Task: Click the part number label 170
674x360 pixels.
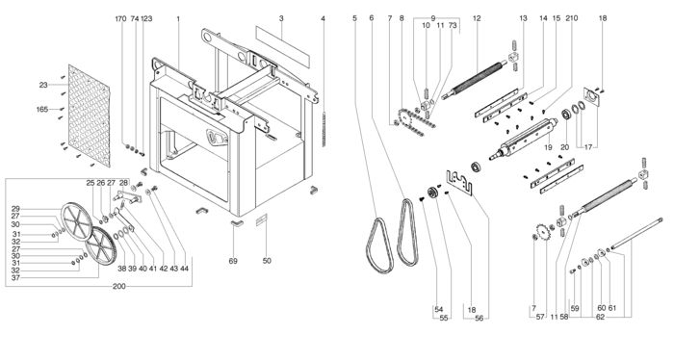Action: [120, 19]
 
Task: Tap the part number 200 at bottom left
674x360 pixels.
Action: [118, 287]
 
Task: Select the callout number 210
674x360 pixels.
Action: [572, 18]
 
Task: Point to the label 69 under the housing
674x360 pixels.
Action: [233, 261]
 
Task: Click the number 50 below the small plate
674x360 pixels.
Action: [267, 260]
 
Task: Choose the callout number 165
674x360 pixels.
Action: [42, 109]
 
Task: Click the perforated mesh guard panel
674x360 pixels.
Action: [89, 116]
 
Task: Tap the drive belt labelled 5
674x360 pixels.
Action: [379, 246]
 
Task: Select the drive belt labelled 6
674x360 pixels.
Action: [407, 232]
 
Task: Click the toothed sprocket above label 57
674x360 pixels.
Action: [544, 232]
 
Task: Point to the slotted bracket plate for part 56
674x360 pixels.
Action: [458, 182]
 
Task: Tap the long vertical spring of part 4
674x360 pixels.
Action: [324, 129]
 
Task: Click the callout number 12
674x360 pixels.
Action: [477, 18]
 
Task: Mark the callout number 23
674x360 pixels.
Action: [43, 85]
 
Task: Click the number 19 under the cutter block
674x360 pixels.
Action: [548, 147]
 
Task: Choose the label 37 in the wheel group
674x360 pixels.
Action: [15, 277]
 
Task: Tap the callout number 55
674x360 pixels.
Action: [444, 317]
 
